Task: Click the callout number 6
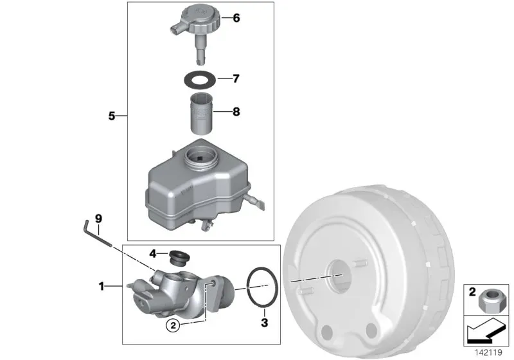(236, 18)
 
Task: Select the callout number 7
(236, 78)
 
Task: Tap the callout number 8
(236, 112)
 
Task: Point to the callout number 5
(112, 116)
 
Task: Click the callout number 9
(98, 219)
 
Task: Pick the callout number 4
(153, 253)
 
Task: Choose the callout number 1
(102, 287)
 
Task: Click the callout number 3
(265, 323)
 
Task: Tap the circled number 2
(173, 325)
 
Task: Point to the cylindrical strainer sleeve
(202, 114)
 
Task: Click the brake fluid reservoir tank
(200, 185)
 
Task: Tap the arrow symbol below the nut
(486, 331)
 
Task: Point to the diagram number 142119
(488, 353)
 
